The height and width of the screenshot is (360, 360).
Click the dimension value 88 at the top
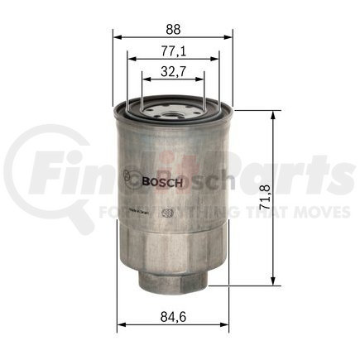pos(173,25)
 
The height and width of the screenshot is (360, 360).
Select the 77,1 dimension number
pos(173,51)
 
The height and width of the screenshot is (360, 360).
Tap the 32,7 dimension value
pos(173,72)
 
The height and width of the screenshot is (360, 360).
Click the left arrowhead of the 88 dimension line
pos(117,37)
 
